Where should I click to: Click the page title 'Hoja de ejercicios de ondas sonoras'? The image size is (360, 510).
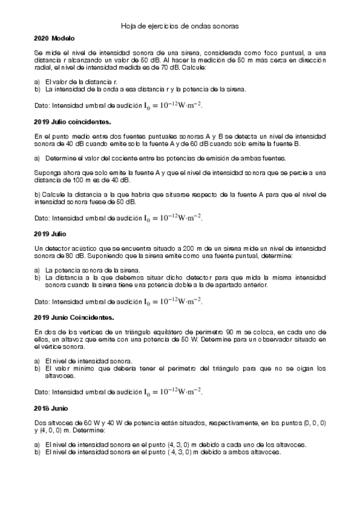pyautogui.click(x=180, y=26)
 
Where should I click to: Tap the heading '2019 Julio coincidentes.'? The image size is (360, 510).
pyautogui.click(x=69, y=121)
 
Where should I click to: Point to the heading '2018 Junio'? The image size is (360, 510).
pyautogui.click(x=51, y=408)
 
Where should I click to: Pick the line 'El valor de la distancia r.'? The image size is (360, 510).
pyautogui.click(x=81, y=81)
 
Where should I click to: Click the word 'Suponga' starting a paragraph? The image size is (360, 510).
pyautogui.click(x=46, y=173)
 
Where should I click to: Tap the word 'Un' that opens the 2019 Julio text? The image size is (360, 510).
pyautogui.click(x=39, y=248)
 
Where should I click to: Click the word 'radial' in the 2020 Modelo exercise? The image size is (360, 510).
pyautogui.click(x=43, y=67)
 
